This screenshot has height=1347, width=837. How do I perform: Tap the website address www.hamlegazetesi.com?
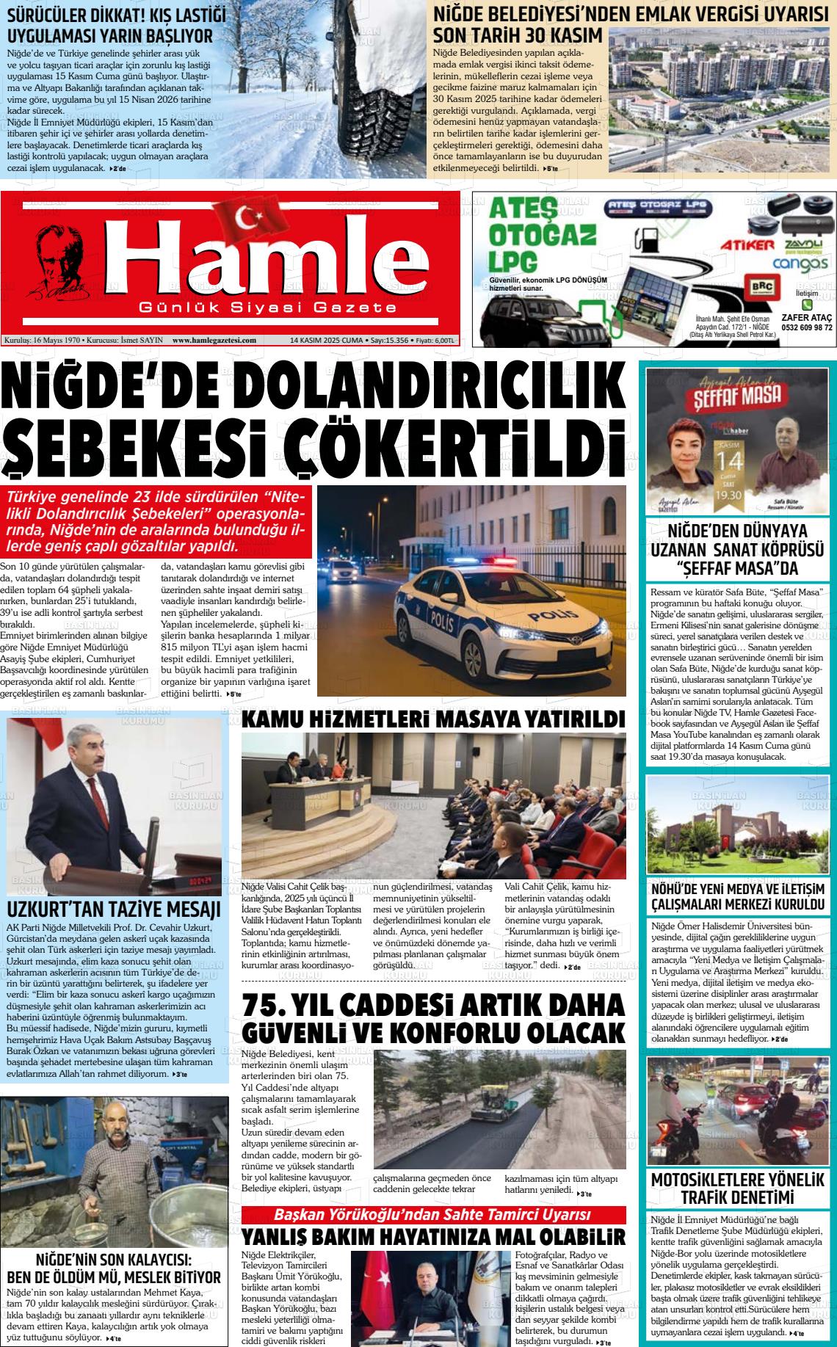214,340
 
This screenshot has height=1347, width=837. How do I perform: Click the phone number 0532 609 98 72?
807,328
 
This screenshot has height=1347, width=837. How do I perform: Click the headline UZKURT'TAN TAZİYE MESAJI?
114,910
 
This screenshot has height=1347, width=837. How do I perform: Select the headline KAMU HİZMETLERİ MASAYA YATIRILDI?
434,719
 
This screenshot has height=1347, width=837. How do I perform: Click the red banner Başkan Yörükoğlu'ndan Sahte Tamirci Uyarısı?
433,1214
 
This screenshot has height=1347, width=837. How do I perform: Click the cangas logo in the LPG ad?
800,263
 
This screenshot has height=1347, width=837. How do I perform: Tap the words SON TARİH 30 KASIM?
518,35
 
